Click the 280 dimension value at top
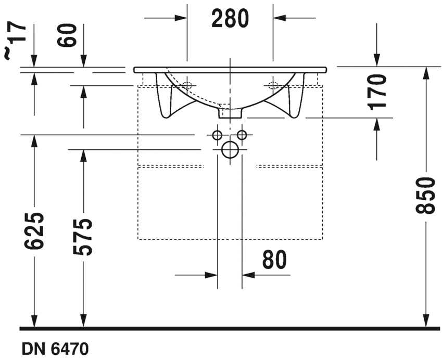[230, 19]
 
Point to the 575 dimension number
[83, 237]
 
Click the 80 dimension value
[275, 260]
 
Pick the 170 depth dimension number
[377, 92]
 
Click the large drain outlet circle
[230, 150]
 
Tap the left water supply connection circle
[217, 135]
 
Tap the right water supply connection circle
[242, 135]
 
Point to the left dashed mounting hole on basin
[187, 85]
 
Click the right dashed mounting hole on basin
[272, 85]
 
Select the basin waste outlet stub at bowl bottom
[230, 112]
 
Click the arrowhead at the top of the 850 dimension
[426, 73]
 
